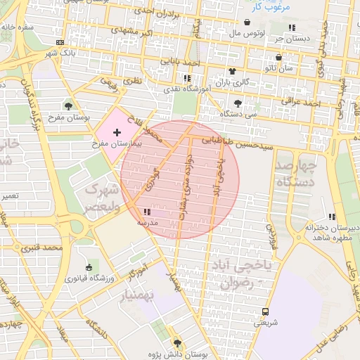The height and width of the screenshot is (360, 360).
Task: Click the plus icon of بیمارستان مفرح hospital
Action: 117,132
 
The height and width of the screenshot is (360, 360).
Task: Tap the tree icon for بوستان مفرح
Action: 68,105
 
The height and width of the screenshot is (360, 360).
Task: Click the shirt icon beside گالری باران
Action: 232,71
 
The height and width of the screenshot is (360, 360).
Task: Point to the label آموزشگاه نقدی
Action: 186,88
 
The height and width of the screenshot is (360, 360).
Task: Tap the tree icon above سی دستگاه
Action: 238,102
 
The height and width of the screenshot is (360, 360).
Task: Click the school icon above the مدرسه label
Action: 146,211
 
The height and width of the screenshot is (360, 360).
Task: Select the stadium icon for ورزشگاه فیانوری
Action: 88,267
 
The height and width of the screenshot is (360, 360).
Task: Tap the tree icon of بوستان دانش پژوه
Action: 176,342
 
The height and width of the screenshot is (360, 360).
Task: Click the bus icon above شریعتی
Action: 266,311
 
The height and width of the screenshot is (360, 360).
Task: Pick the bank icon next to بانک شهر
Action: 67,43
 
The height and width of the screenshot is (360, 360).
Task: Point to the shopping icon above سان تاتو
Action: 279,58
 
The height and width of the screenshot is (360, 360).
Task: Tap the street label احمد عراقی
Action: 306,102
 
